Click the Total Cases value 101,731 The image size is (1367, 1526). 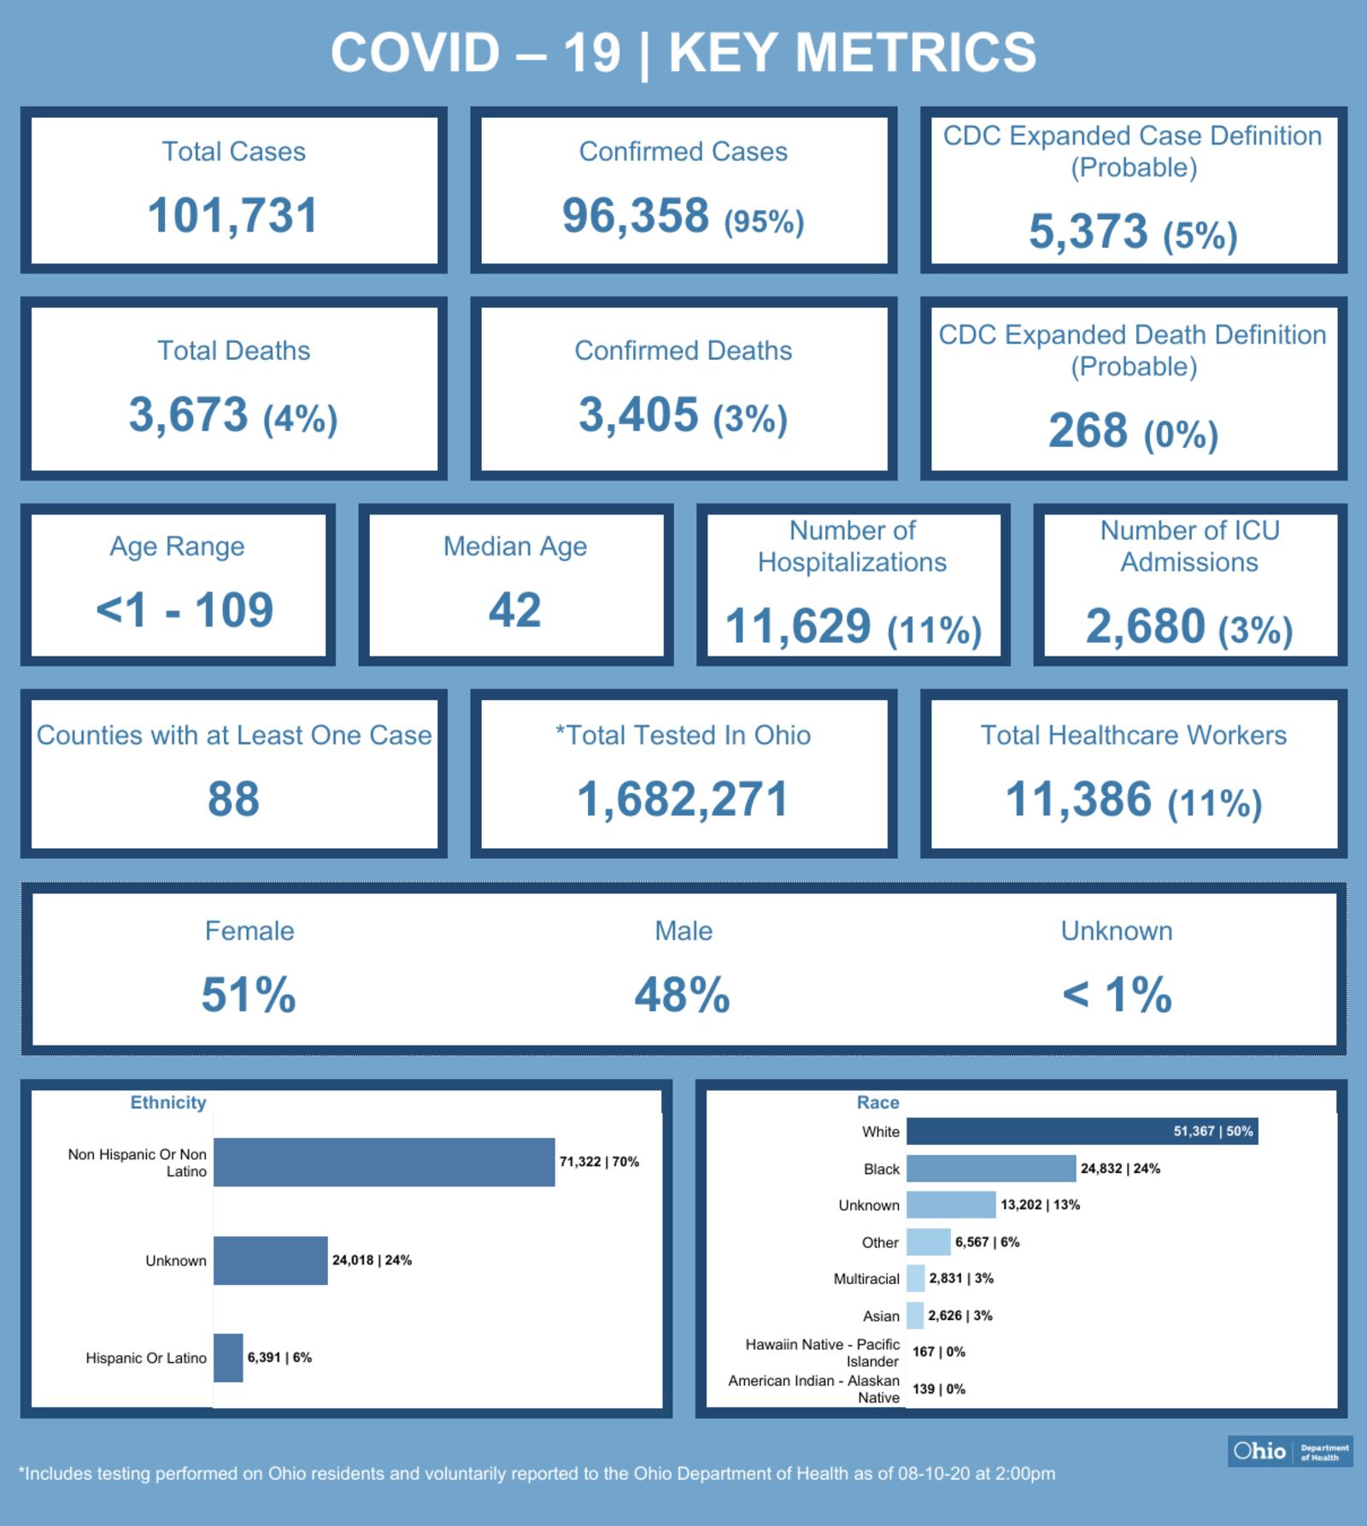tap(232, 215)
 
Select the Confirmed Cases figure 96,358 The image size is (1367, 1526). tap(636, 215)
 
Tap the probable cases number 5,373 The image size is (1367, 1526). tap(1088, 232)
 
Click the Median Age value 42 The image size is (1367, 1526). tap(514, 610)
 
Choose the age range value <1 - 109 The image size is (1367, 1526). tap(185, 610)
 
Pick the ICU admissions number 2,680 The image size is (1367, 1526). tap(1145, 626)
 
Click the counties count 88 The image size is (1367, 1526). tap(233, 798)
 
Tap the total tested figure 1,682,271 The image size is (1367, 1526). tap(683, 798)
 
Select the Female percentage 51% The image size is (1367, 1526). tap(249, 995)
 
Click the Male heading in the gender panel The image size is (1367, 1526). tap(683, 931)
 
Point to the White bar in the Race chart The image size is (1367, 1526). tap(1082, 1131)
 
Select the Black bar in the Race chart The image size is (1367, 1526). tap(990, 1168)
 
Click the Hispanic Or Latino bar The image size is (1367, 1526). tap(228, 1358)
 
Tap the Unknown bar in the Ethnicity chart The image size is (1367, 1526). tap(270, 1260)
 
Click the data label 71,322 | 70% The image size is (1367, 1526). tap(599, 1162)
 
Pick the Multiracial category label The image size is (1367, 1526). tap(866, 1279)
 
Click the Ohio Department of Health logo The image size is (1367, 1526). tap(1290, 1451)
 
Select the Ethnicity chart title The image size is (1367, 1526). tap(168, 1103)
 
